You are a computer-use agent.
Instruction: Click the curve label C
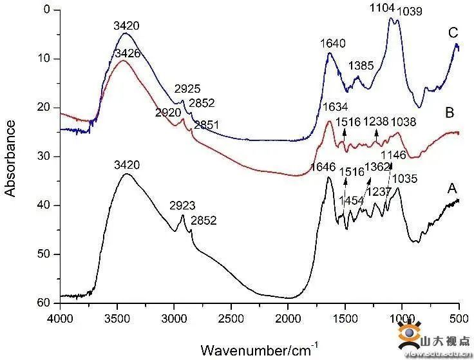(x=453, y=33)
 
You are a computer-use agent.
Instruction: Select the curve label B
(x=450, y=113)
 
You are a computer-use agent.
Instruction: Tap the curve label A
(x=452, y=189)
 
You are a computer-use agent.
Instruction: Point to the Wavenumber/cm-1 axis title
(x=259, y=350)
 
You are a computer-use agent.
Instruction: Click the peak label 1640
(x=333, y=44)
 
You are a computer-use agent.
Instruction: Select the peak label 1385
(x=361, y=66)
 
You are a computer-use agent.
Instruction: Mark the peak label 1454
(x=352, y=201)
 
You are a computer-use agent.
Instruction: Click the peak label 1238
(x=376, y=121)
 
